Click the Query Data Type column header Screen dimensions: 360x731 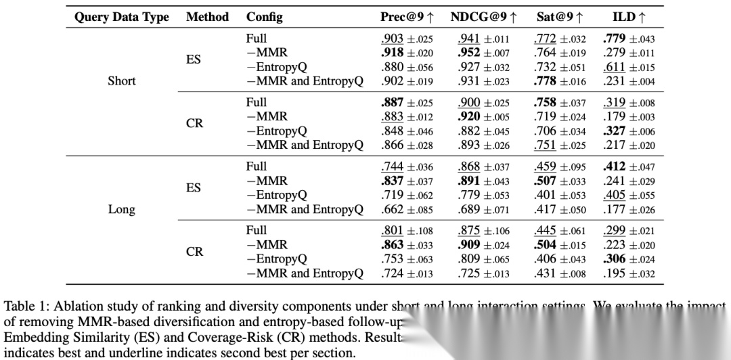click(x=122, y=17)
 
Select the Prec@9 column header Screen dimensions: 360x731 click(x=407, y=17)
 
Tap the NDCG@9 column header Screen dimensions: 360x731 click(x=484, y=17)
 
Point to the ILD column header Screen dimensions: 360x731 click(x=629, y=17)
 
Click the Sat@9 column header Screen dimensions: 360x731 click(x=560, y=17)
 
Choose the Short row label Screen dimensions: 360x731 click(x=122, y=81)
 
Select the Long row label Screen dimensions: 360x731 click(x=122, y=209)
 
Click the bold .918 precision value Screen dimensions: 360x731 click(x=393, y=53)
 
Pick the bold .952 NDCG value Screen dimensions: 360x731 click(x=469, y=53)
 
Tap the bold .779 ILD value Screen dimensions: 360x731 click(x=614, y=39)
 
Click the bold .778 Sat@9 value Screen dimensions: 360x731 click(x=545, y=81)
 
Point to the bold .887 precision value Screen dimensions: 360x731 click(x=393, y=103)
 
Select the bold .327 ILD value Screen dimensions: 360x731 click(x=614, y=131)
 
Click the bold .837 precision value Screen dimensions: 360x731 click(x=393, y=181)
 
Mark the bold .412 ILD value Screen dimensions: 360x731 click(x=614, y=166)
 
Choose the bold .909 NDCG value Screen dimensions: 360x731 click(x=469, y=245)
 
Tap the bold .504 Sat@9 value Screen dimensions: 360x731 click(x=545, y=245)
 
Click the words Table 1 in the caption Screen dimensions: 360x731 click(x=24, y=305)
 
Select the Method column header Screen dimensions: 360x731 click(x=207, y=17)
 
